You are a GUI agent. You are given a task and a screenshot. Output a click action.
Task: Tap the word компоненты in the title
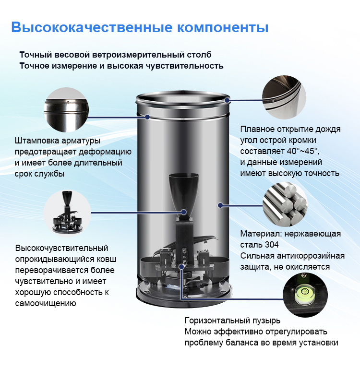coord(223,28)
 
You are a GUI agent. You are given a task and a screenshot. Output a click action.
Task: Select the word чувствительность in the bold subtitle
coord(185,66)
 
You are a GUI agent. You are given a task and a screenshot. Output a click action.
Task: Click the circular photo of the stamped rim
coord(66,110)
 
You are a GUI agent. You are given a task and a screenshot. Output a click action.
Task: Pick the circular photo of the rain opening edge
coord(284,97)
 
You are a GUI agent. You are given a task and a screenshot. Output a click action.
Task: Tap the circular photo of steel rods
coord(285,204)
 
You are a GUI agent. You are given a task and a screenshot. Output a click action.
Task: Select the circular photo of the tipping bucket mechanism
coord(67,213)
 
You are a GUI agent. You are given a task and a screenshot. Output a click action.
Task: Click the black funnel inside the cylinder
coord(184,194)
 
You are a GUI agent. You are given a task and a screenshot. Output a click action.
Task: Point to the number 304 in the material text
coord(272,245)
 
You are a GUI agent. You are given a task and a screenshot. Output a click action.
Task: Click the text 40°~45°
coord(303,151)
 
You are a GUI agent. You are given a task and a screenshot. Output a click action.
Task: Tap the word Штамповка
coord(37,141)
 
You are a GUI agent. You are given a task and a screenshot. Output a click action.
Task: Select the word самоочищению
coord(46,303)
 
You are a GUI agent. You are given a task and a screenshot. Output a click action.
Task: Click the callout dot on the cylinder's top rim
coord(227,100)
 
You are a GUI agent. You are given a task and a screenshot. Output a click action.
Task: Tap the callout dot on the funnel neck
coord(184,212)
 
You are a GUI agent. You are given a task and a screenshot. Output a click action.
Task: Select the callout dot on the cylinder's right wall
coord(220,205)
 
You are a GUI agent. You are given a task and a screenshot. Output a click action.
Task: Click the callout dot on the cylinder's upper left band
coord(147,117)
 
